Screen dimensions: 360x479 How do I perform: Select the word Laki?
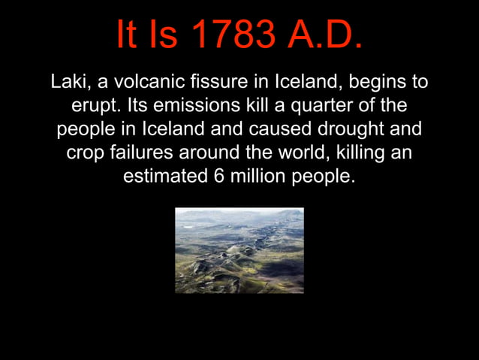point(68,80)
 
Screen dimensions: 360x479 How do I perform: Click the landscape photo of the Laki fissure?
point(239,250)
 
